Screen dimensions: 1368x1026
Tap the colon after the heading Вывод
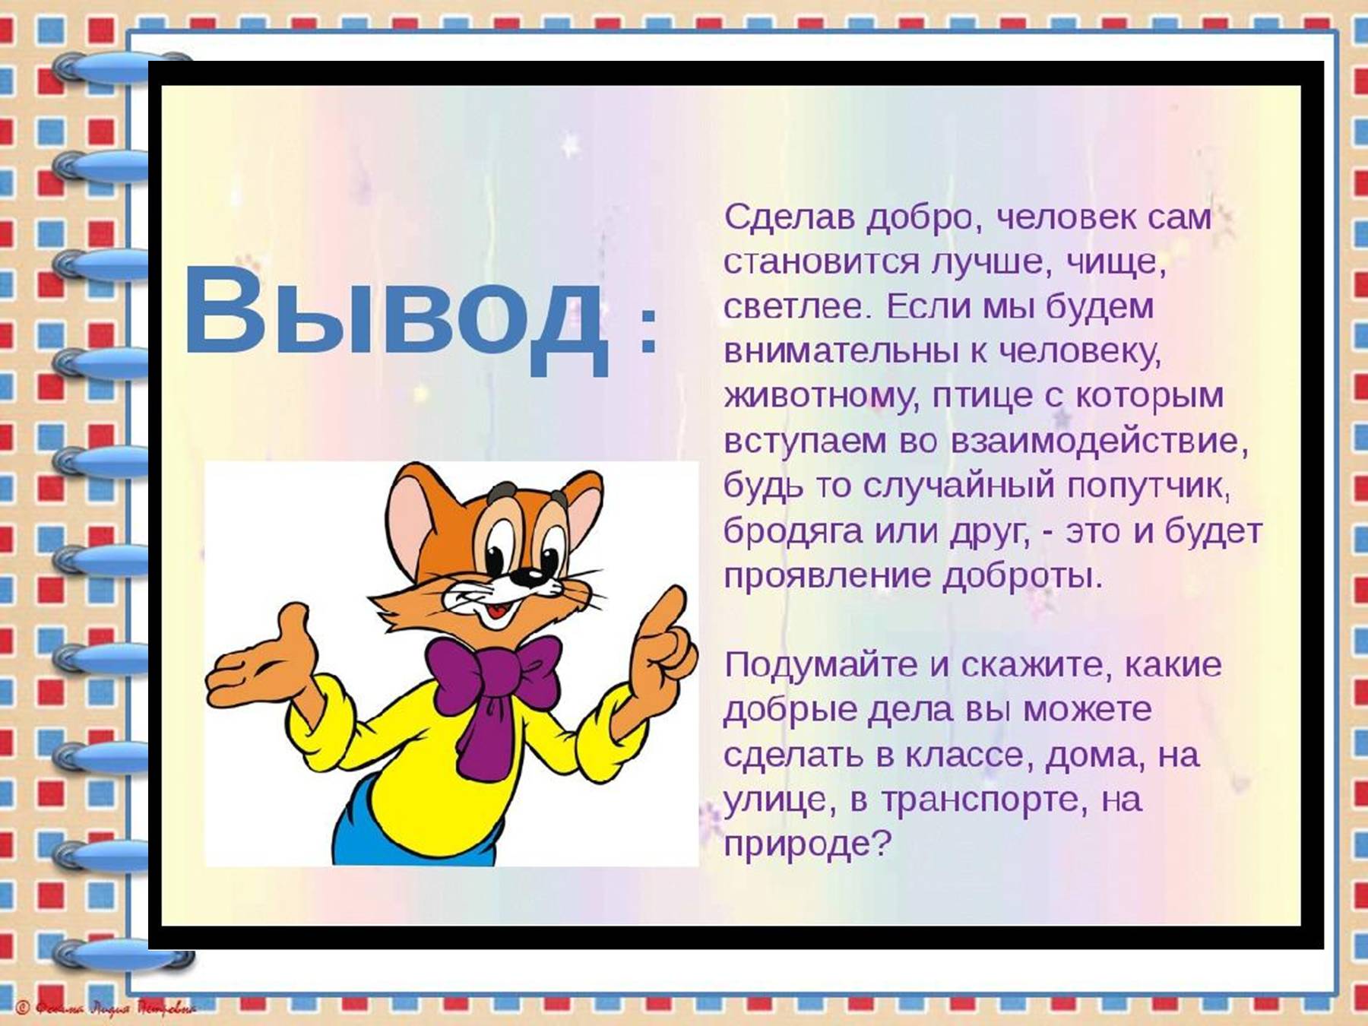(x=648, y=331)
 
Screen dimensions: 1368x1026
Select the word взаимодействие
(x=1099, y=442)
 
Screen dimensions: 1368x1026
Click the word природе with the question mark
(x=806, y=844)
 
